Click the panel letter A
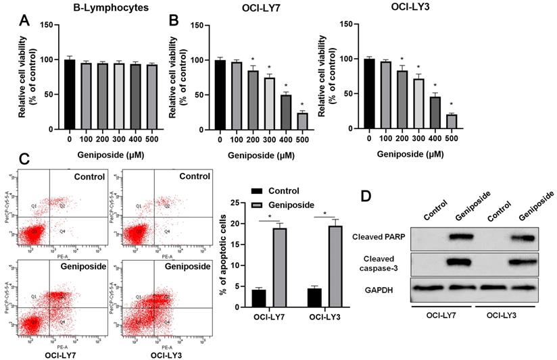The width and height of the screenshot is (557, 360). (24, 20)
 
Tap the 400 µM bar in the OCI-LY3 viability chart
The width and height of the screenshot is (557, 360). (433, 113)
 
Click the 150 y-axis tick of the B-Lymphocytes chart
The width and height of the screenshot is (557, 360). (47, 24)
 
